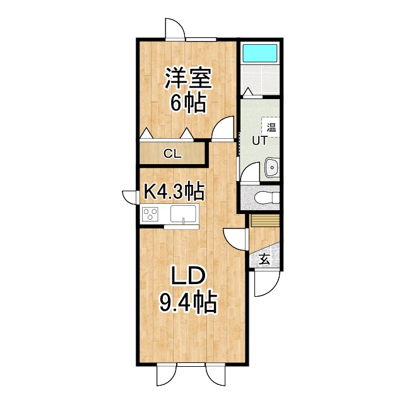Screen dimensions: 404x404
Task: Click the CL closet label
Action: (x=172, y=153)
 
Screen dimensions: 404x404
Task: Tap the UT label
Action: (x=260, y=141)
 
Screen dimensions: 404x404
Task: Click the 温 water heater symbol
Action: (x=271, y=126)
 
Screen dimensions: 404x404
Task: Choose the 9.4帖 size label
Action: (x=187, y=303)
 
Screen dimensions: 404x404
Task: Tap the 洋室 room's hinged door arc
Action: (x=222, y=129)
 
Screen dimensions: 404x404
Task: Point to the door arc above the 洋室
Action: (x=175, y=29)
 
